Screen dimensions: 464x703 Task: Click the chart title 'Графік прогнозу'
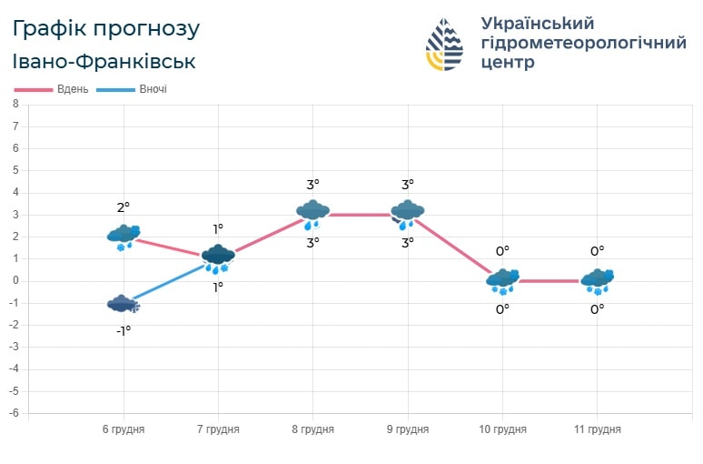pos(106,29)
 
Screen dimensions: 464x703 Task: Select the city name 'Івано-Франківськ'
pos(104,62)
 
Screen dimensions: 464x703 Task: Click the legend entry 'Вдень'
pos(72,89)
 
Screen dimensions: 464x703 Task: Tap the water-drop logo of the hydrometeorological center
pos(445,45)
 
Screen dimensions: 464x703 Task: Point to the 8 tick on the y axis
pos(15,104)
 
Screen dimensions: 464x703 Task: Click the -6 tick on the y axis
pos(14,413)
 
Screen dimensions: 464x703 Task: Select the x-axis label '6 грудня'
pos(124,429)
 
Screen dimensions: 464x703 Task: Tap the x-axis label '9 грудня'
pos(408,429)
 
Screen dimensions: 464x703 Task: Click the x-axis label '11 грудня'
pos(598,429)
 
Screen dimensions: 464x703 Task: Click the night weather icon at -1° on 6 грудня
pos(124,305)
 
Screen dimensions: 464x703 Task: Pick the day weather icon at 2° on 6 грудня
pos(124,237)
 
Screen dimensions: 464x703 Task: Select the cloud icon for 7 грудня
pos(218,258)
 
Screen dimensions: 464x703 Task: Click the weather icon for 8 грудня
pos(312,214)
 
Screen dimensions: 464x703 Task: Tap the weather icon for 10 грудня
pos(502,281)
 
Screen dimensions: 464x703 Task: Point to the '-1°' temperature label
pos(124,330)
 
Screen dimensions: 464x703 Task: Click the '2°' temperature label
pos(124,207)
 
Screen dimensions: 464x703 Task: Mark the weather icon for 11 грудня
pos(598,281)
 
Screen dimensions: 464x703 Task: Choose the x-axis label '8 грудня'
pos(312,429)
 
